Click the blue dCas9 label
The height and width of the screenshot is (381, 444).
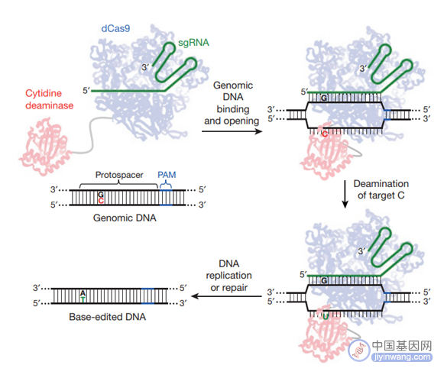pos(115,28)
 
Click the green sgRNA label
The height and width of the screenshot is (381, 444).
pos(193,43)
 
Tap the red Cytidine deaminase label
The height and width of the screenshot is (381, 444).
pos(49,99)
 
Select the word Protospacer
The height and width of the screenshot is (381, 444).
pos(119,175)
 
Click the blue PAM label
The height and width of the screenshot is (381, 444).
pos(167,175)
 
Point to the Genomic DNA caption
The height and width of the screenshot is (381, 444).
pos(125,218)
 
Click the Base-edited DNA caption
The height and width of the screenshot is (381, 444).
pos(107,317)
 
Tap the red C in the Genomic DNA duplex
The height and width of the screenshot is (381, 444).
pos(101,201)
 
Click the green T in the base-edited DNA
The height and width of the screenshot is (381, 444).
pos(83,299)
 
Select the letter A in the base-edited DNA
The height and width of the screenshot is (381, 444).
pos(83,293)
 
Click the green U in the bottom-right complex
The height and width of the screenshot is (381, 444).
pos(326,317)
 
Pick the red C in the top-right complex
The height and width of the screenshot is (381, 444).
pos(325,134)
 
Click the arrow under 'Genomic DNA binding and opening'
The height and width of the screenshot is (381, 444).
pos(232,131)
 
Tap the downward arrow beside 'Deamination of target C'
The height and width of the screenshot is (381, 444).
pos(345,194)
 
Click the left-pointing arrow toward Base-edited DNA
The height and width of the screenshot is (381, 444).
pos(226,296)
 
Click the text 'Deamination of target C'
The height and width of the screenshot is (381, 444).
pos(381,189)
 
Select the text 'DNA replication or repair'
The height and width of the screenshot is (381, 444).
pos(228,276)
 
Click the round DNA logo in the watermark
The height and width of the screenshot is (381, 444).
pos(359,350)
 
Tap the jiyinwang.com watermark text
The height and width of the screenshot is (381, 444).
pos(402,357)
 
